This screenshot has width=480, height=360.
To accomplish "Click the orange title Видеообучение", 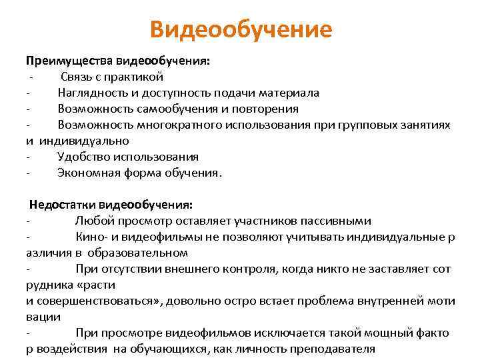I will [240, 30].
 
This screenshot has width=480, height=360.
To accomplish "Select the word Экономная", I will [87, 173].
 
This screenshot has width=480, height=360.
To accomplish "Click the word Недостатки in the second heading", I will [59, 205].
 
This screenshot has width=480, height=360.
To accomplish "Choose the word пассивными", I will [337, 221].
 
